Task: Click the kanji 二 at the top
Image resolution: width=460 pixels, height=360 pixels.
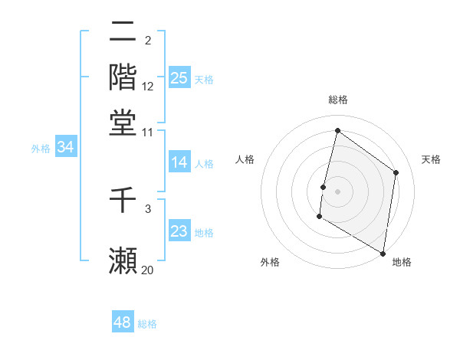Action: click(x=123, y=32)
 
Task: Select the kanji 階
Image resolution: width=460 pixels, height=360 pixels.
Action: click(x=123, y=76)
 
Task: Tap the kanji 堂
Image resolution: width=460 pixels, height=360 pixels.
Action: click(x=123, y=122)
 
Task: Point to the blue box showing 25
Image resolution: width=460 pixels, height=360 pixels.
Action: click(x=179, y=77)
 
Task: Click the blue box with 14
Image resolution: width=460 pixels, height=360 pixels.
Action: click(x=179, y=162)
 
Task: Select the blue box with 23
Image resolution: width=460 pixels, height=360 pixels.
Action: click(x=179, y=231)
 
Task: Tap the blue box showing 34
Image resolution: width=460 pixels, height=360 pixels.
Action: click(x=65, y=147)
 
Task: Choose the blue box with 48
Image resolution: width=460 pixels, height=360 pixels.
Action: click(x=123, y=322)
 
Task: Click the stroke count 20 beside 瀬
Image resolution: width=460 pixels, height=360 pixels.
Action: click(x=147, y=270)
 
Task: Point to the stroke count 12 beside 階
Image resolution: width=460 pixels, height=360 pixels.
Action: click(x=148, y=86)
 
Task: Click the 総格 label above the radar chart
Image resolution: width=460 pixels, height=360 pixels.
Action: click(x=338, y=100)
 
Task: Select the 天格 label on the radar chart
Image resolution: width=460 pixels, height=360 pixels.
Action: click(x=431, y=159)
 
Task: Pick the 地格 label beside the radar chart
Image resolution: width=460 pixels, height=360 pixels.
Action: click(x=402, y=262)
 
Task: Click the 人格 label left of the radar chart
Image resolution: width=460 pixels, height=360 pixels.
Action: click(x=245, y=159)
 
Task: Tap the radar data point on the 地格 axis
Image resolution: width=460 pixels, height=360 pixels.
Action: click(x=383, y=253)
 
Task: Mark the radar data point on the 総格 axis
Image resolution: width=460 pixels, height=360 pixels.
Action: click(x=337, y=131)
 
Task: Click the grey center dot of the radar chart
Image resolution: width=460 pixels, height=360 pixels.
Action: click(x=337, y=191)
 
